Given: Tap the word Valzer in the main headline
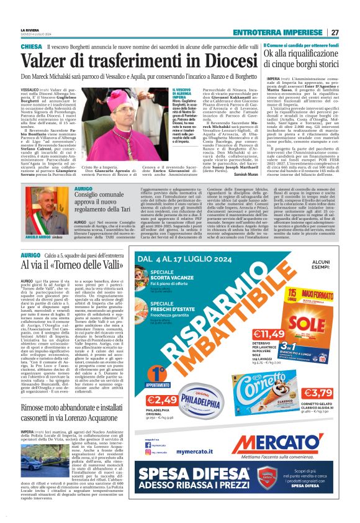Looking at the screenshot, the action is pos(49,61).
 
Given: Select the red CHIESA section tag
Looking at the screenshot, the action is pos(32,47).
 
